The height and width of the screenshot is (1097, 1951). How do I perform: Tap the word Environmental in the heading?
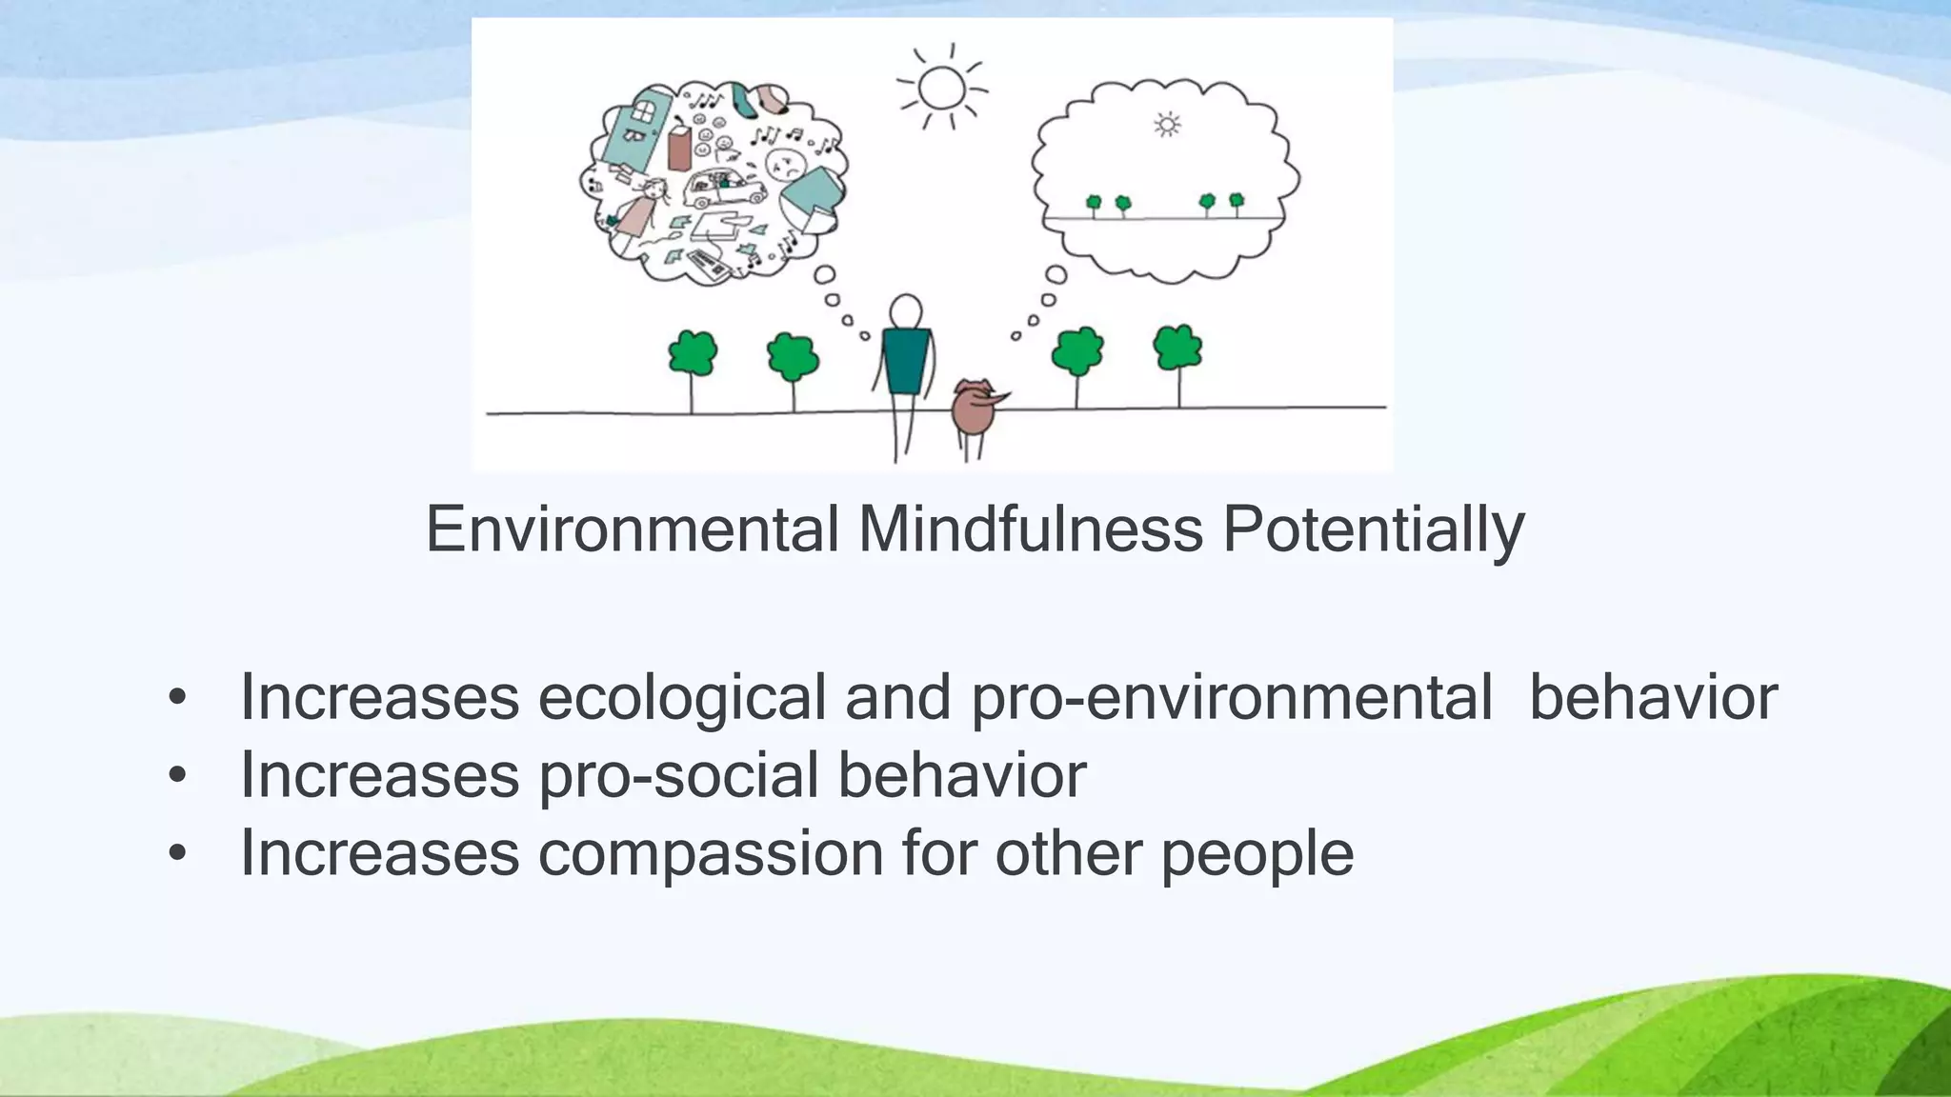(x=632, y=529)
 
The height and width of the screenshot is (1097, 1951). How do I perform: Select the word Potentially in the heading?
(x=1373, y=529)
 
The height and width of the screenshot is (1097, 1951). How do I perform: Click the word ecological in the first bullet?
(x=682, y=698)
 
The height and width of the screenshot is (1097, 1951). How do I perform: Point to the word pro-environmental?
(x=1231, y=698)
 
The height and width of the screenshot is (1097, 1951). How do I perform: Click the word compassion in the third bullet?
(x=711, y=853)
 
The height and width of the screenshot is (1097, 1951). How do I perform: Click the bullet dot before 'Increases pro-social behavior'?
(x=177, y=776)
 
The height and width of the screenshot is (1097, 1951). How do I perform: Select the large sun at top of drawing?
(x=942, y=88)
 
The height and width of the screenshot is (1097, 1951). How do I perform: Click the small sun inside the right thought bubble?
(x=1167, y=125)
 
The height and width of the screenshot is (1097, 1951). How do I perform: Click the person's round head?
(x=905, y=311)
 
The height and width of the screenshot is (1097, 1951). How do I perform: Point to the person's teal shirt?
(x=905, y=360)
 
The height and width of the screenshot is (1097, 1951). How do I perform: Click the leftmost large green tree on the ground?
(x=693, y=354)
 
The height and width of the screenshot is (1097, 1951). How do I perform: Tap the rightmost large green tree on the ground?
(x=1177, y=349)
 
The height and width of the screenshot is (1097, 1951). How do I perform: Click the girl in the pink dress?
(x=641, y=211)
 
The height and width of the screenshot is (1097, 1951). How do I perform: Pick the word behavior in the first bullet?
(x=1653, y=698)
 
